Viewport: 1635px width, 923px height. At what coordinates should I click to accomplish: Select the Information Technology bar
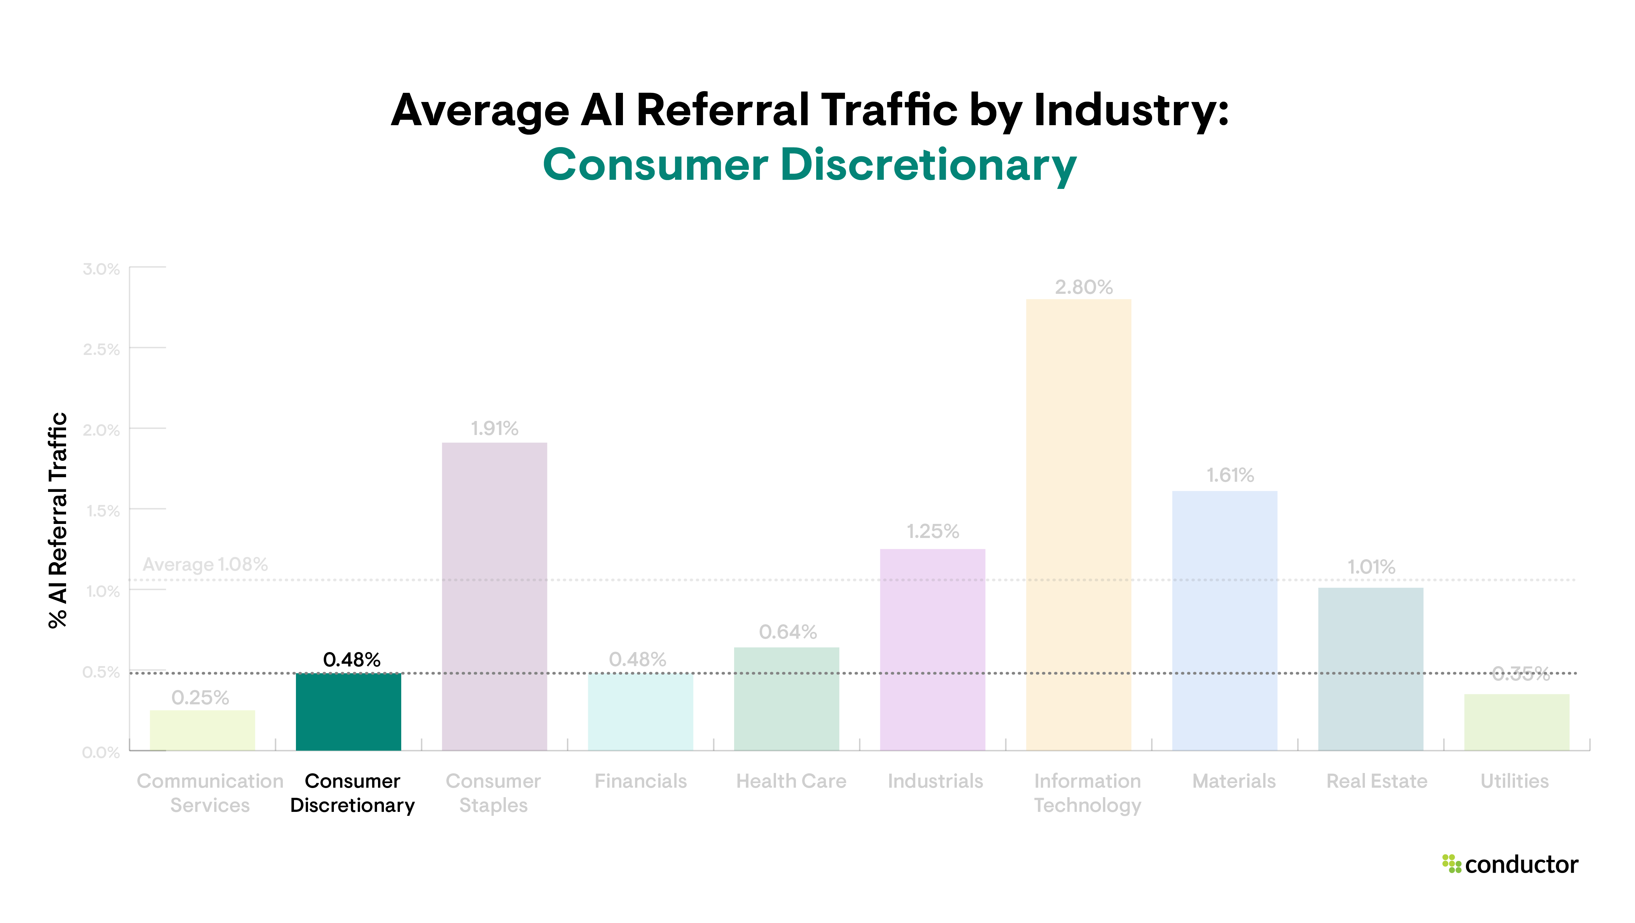pyautogui.click(x=1078, y=525)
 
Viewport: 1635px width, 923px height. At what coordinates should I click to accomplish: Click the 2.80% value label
pyautogui.click(x=1083, y=287)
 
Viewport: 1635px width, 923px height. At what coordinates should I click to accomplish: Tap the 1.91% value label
pyautogui.click(x=494, y=429)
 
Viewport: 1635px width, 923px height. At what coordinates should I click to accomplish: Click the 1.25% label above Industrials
pyautogui.click(x=932, y=531)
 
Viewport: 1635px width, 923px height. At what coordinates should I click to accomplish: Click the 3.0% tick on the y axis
pyautogui.click(x=101, y=269)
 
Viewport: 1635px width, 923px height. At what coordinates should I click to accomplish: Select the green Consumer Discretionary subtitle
pyautogui.click(x=809, y=165)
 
